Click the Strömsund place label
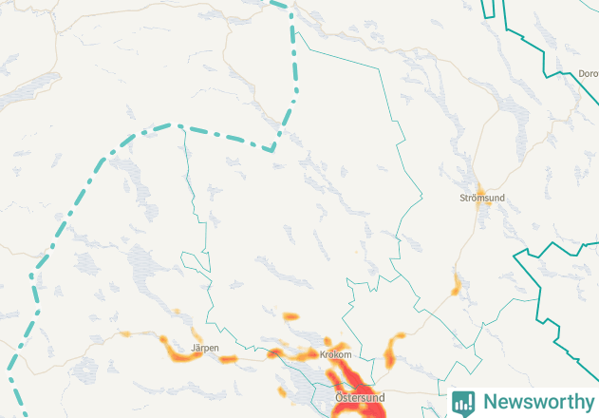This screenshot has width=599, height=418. coord(481,198)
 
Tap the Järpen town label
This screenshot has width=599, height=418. coord(205,349)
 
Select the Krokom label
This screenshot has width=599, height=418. coord(336,354)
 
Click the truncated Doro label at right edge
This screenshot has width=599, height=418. coord(588,73)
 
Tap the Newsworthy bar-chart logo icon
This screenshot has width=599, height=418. coord(463,403)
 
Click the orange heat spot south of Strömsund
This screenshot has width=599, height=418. coord(457,283)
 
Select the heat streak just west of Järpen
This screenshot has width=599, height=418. coord(175,349)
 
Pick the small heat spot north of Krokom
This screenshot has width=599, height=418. coord(290,314)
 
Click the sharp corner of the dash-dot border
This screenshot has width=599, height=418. coord(272,149)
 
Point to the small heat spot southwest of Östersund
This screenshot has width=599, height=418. coord(282,390)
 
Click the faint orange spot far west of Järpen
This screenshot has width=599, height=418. coord(125,333)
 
